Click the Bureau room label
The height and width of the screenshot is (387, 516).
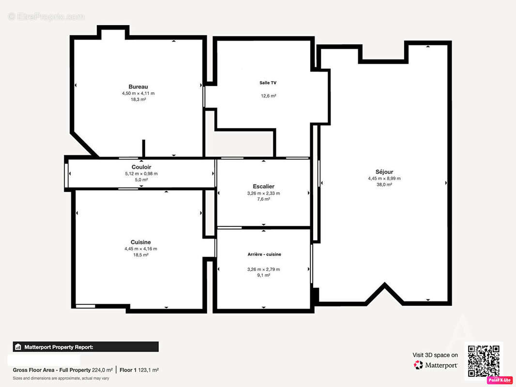pyautogui.click(x=138, y=87)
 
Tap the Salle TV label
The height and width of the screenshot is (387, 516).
pyautogui.click(x=268, y=83)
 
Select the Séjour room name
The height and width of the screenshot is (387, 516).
pyautogui.click(x=384, y=172)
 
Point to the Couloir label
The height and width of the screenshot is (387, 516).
pyautogui.click(x=141, y=167)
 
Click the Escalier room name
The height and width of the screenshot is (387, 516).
pyautogui.click(x=264, y=186)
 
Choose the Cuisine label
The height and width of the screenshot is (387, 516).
pyautogui.click(x=140, y=242)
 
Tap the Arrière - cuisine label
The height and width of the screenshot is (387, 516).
pyautogui.click(x=264, y=254)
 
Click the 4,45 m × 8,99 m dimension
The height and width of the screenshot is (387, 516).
pyautogui.click(x=384, y=179)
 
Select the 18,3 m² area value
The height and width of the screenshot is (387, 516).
pyautogui.click(x=138, y=99)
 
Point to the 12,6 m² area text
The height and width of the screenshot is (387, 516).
pyautogui.click(x=269, y=96)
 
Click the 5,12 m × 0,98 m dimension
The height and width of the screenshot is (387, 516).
pyautogui.click(x=141, y=174)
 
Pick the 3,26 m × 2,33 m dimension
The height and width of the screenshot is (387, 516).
pyautogui.click(x=264, y=193)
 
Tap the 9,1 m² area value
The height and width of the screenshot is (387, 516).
pyautogui.click(x=264, y=275)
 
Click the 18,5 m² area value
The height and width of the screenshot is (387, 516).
pyautogui.click(x=140, y=255)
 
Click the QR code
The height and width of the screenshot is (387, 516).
pyautogui.click(x=484, y=361)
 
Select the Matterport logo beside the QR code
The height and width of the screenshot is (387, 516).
pyautogui.click(x=435, y=365)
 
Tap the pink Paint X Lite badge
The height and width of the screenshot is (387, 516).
pyautogui.click(x=500, y=380)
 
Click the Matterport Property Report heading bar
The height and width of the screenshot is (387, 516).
pyautogui.click(x=86, y=347)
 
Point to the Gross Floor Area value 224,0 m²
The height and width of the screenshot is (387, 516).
pyautogui.click(x=102, y=370)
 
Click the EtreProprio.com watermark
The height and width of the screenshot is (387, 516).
pyautogui.click(x=46, y=16)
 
